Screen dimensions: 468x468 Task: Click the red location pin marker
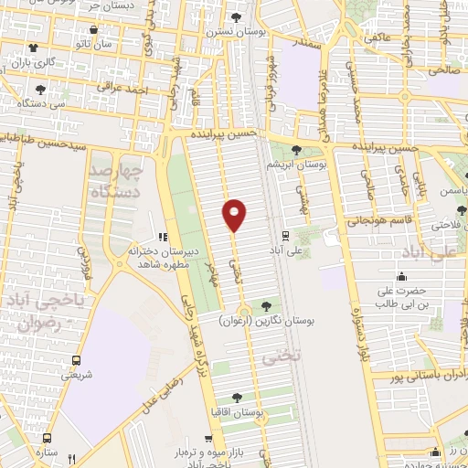click(234, 216)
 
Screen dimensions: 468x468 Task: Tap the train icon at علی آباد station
click(285, 235)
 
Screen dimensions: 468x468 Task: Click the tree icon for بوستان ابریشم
click(295, 150)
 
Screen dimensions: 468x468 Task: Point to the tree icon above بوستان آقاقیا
click(237, 398)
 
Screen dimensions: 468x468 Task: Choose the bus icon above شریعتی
click(75, 359)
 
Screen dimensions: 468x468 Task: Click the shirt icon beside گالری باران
click(34, 48)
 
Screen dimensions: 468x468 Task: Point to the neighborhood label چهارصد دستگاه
click(113, 180)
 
